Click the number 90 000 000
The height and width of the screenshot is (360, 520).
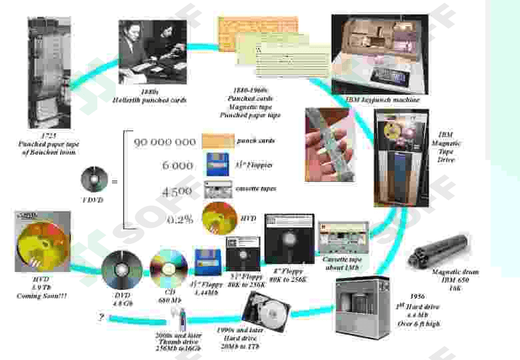pyautogui.click(x=165, y=142)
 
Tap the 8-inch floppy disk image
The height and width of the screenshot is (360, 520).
pyautogui.click(x=289, y=238)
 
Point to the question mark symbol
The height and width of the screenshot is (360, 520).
pyautogui.click(x=101, y=318)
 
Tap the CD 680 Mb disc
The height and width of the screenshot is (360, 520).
pyautogui.click(x=168, y=268)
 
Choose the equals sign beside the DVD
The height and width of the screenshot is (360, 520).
pyautogui.click(x=114, y=181)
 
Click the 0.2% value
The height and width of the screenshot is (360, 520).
pyautogui.click(x=179, y=219)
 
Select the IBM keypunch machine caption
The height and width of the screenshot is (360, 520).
pyautogui.click(x=383, y=99)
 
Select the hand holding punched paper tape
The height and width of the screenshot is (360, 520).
pyautogui.click(x=330, y=141)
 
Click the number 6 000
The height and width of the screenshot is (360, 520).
pyautogui.click(x=177, y=165)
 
